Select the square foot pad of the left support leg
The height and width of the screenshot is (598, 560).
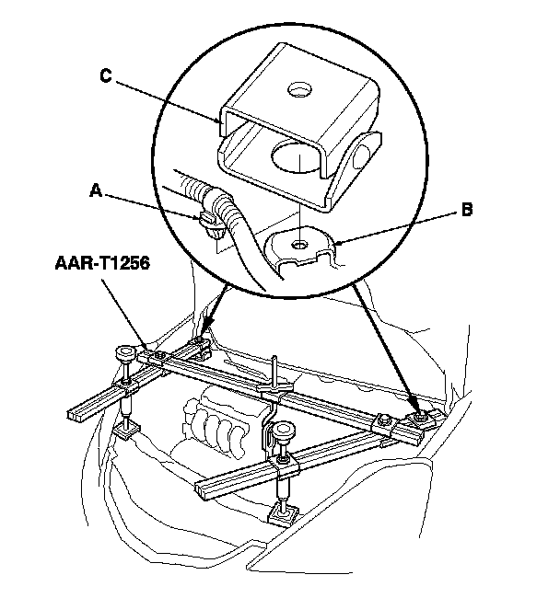tap(129, 429)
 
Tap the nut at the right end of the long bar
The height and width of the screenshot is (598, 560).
tap(422, 419)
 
